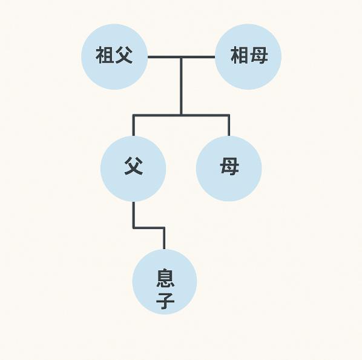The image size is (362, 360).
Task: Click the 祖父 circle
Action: tap(114, 56)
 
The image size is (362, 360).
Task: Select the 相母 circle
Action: tap(248, 56)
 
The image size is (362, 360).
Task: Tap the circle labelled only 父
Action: tap(133, 168)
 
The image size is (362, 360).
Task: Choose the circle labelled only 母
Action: tap(229, 168)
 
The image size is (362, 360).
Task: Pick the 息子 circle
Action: tap(165, 282)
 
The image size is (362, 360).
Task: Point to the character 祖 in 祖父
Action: tap(105, 55)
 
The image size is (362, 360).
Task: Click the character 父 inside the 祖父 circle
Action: tap(123, 55)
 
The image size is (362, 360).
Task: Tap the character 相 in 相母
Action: tap(239, 55)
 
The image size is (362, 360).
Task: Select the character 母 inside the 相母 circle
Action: tap(259, 55)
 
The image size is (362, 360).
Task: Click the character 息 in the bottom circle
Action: tap(165, 278)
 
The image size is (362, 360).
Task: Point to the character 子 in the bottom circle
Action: tap(165, 301)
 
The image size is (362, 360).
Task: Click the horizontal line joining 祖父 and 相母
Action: tap(181, 57)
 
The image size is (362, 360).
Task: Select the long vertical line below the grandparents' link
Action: tap(181, 86)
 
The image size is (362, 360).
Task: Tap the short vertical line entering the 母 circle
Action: tap(229, 125)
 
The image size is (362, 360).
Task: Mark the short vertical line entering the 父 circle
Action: tap(133, 125)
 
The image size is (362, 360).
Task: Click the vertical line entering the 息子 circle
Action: tap(164, 239)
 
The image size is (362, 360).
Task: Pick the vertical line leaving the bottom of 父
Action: tap(133, 215)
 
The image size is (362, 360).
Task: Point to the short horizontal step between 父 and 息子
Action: tap(149, 228)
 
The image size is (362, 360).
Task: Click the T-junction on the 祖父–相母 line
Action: tap(181, 57)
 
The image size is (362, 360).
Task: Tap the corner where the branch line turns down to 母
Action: tap(229, 115)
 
